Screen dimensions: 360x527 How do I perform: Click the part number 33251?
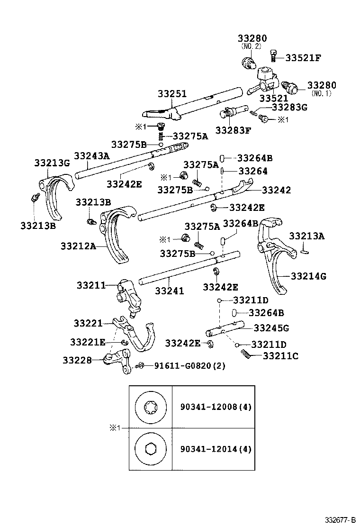tap(172, 93)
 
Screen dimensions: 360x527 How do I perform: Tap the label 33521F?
tap(303, 58)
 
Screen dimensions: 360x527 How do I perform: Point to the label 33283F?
tap(233, 130)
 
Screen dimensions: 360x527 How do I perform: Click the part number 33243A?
tap(92, 155)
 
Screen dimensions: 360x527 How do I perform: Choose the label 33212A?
tap(78, 246)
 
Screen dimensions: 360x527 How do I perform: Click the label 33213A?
tap(307, 236)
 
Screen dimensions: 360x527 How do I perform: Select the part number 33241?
tap(170, 291)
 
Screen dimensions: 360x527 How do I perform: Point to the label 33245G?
tap(271, 327)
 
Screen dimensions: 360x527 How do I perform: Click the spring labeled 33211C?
tap(247, 354)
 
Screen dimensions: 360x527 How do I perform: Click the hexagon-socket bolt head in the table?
tap(151, 449)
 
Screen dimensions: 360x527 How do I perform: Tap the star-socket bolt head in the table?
tap(151, 408)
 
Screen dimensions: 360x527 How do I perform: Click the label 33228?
tap(77, 360)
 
